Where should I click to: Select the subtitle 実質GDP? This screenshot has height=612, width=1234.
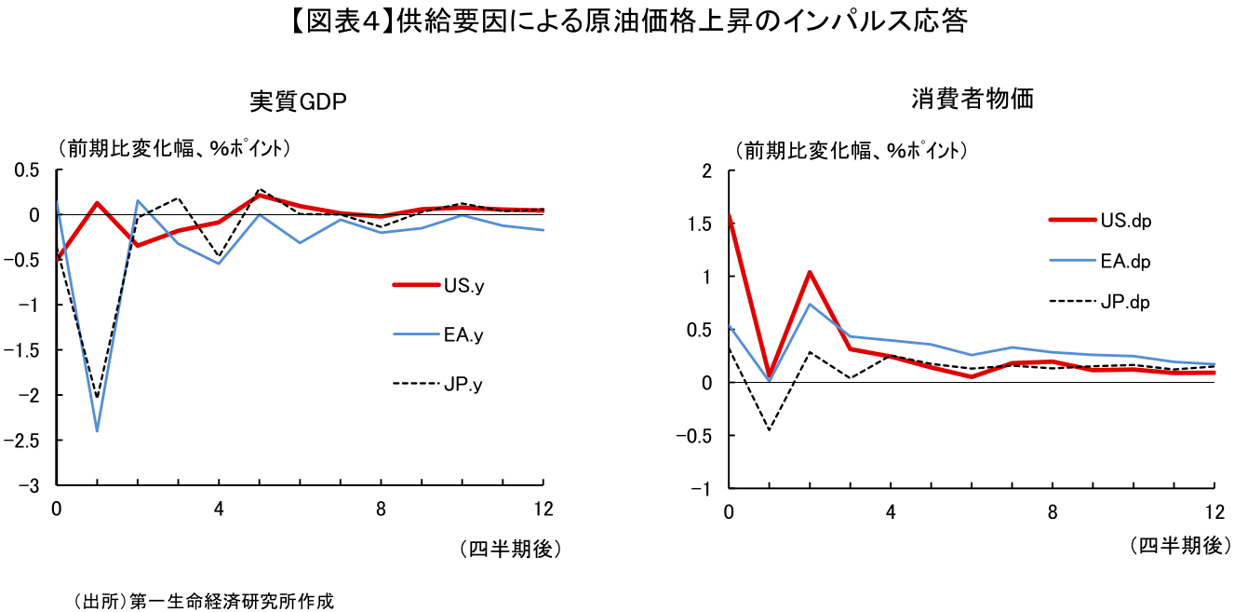298,102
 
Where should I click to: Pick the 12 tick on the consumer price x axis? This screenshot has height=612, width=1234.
1214,511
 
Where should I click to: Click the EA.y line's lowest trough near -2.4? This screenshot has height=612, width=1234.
97,430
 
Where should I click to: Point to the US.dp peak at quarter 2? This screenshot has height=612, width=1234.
811,272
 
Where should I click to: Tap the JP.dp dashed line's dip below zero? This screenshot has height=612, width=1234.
770,429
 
